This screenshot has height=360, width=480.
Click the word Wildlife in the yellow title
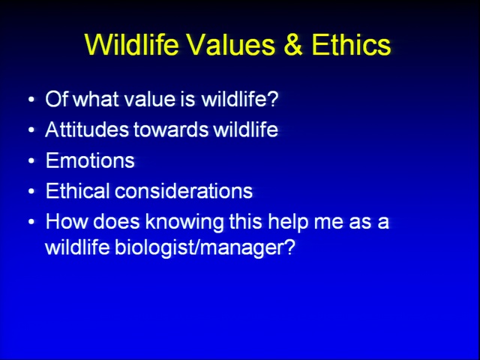132,44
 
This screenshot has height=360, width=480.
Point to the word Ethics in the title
351,44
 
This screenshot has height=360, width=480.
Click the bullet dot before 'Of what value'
31,100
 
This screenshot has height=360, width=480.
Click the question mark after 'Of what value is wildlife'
272,99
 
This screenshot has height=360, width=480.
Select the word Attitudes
87,130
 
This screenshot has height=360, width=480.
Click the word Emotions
90,160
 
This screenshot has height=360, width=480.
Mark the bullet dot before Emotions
31,160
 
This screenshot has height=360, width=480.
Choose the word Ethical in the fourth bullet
77,190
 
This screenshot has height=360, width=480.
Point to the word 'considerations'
184,190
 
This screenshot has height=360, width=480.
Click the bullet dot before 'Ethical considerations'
31,191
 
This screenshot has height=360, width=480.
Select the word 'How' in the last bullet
67,221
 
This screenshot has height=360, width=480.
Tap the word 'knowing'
184,223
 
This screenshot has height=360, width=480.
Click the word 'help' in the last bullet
288,223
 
